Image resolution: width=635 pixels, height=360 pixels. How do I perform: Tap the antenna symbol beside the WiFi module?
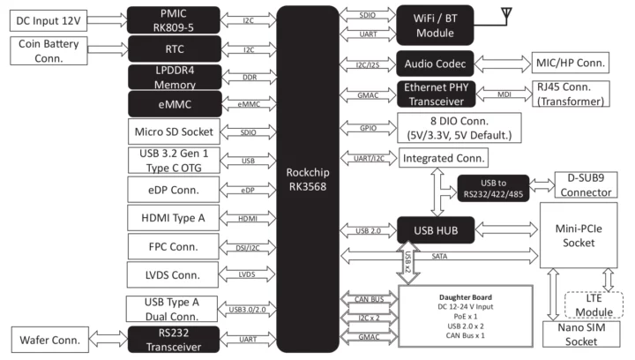click(x=505, y=15)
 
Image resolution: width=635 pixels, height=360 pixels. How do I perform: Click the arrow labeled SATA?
click(x=438, y=255)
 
